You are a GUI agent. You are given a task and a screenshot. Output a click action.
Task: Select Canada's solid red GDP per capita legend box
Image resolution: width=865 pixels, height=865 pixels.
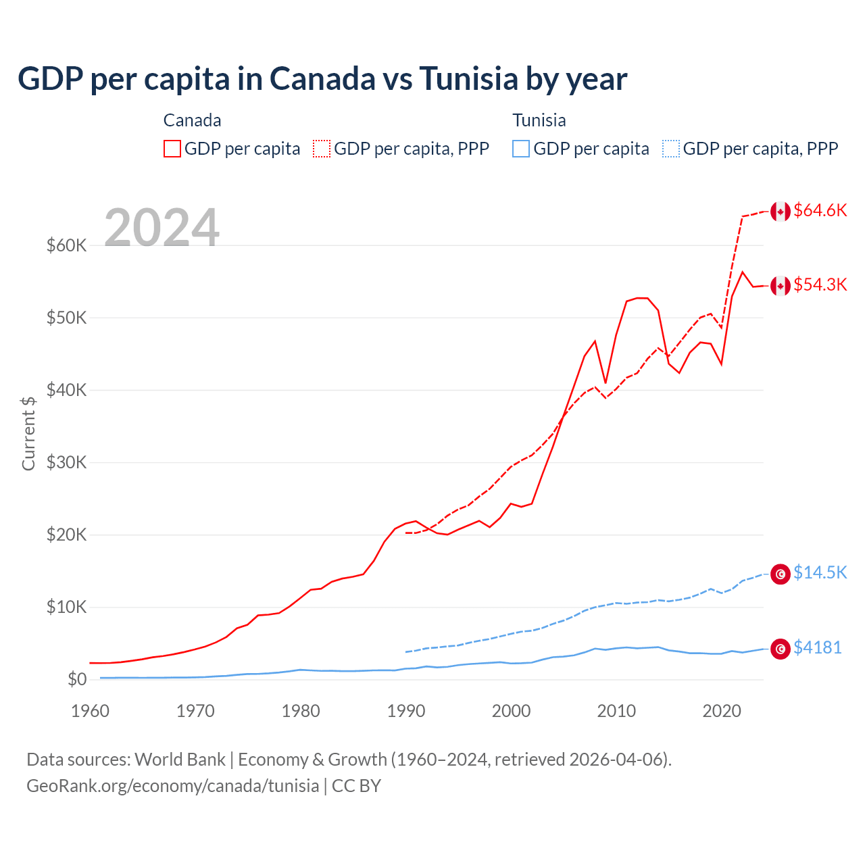[172, 149]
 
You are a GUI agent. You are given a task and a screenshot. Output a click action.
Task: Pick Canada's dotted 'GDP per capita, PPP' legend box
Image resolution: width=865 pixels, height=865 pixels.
[322, 149]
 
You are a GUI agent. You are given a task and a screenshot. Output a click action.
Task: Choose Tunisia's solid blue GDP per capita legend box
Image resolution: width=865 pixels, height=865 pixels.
[521, 149]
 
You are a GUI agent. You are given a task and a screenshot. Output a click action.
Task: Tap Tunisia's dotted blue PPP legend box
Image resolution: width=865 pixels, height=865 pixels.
[671, 149]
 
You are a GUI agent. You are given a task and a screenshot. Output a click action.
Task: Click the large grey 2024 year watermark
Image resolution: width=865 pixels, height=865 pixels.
[162, 228]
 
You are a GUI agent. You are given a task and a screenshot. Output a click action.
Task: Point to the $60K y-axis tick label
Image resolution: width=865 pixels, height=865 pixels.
[66, 245]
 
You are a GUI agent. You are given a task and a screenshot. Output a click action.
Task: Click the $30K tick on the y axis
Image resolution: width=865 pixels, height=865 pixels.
[66, 462]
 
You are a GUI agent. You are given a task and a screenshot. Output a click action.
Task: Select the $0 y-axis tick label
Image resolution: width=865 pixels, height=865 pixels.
[76, 679]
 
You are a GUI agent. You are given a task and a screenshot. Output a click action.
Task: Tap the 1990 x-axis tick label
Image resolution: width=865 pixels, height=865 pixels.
[406, 711]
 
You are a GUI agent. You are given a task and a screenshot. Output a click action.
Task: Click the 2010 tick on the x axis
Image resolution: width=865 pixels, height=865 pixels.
[616, 711]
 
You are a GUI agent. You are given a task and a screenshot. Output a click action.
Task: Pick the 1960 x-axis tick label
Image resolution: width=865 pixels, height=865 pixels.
[91, 711]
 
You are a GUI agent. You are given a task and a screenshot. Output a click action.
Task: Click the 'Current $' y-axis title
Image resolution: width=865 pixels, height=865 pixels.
[28, 433]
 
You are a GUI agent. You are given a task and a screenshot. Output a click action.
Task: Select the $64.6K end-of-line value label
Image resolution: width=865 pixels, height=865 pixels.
[820, 211]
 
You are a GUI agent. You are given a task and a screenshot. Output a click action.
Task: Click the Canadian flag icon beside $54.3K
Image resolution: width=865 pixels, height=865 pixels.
[781, 286]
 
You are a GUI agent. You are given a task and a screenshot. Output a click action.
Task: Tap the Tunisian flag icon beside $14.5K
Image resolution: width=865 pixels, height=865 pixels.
[781, 574]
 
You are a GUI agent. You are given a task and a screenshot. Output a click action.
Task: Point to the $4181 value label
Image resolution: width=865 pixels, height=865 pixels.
[817, 647]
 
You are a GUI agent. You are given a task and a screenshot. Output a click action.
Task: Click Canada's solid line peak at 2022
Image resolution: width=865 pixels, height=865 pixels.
[743, 272]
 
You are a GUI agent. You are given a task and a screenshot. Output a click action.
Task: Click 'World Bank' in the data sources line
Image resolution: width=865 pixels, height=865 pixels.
[180, 760]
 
